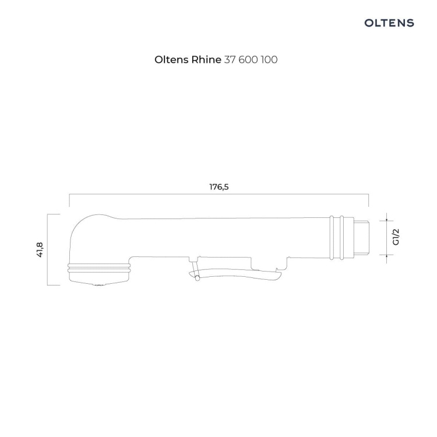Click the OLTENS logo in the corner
(x=389, y=23)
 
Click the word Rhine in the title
(x=206, y=59)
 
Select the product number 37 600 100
(x=251, y=59)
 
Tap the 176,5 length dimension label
(x=219, y=186)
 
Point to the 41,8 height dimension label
(x=40, y=250)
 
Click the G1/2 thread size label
(x=396, y=237)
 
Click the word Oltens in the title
(x=172, y=59)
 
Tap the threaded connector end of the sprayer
(x=361, y=238)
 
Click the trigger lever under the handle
(x=234, y=274)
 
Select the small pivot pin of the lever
(x=198, y=278)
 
